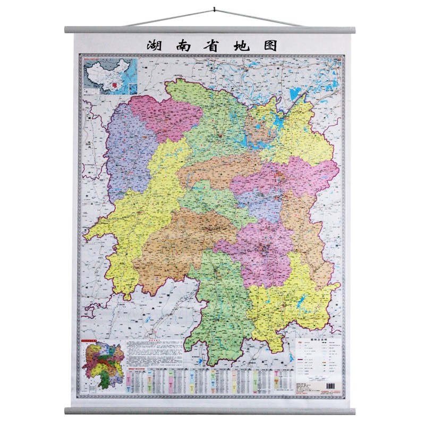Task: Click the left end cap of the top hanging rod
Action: tap(67, 30)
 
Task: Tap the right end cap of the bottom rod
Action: tap(358, 410)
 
